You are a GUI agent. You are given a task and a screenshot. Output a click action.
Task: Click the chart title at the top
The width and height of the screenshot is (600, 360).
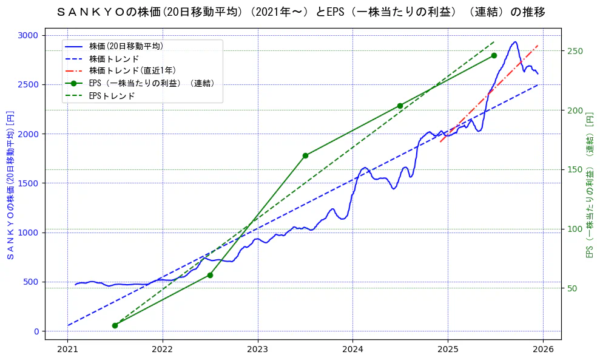300,12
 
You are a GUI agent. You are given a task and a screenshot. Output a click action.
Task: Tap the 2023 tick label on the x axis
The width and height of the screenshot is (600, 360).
257,350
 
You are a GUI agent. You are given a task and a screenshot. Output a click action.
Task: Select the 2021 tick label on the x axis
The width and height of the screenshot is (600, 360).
67,350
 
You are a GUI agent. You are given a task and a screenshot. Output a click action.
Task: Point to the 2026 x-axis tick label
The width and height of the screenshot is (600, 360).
542,350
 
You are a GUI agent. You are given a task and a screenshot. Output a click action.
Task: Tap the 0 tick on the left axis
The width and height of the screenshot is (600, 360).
36,331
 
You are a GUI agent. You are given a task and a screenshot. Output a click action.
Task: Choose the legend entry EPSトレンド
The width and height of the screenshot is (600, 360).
112,96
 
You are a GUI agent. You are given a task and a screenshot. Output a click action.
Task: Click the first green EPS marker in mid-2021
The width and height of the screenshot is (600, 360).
115,325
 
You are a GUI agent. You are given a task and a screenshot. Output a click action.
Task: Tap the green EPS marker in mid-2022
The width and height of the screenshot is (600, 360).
210,275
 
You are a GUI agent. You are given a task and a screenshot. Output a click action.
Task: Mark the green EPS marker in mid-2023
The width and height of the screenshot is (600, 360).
305,155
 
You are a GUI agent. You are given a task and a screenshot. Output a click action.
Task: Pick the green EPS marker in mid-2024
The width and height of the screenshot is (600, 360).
400,106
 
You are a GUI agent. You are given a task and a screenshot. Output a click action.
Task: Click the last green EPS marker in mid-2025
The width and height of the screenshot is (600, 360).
494,55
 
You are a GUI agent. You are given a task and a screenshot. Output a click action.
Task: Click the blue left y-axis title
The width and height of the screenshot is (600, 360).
10,185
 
